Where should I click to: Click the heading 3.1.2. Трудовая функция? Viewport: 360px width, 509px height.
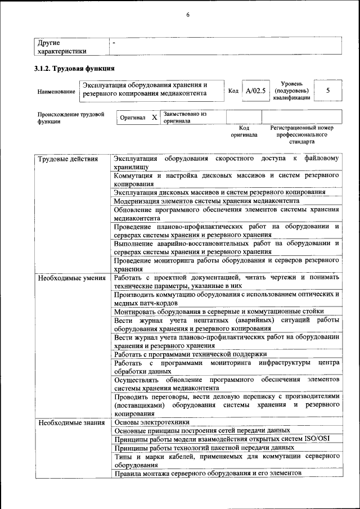[75, 69]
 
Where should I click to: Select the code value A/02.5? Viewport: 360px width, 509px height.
[255, 91]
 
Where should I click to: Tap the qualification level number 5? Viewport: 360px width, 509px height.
[328, 90]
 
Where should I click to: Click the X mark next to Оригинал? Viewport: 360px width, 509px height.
[154, 118]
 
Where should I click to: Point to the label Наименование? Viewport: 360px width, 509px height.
[56, 91]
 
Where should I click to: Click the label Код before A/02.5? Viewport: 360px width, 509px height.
[233, 91]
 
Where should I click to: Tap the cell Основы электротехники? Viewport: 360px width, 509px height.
[152, 422]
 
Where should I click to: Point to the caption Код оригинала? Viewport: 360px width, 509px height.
[244, 132]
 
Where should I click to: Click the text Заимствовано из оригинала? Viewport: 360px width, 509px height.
[184, 118]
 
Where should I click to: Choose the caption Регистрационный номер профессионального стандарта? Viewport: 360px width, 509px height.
[301, 135]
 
